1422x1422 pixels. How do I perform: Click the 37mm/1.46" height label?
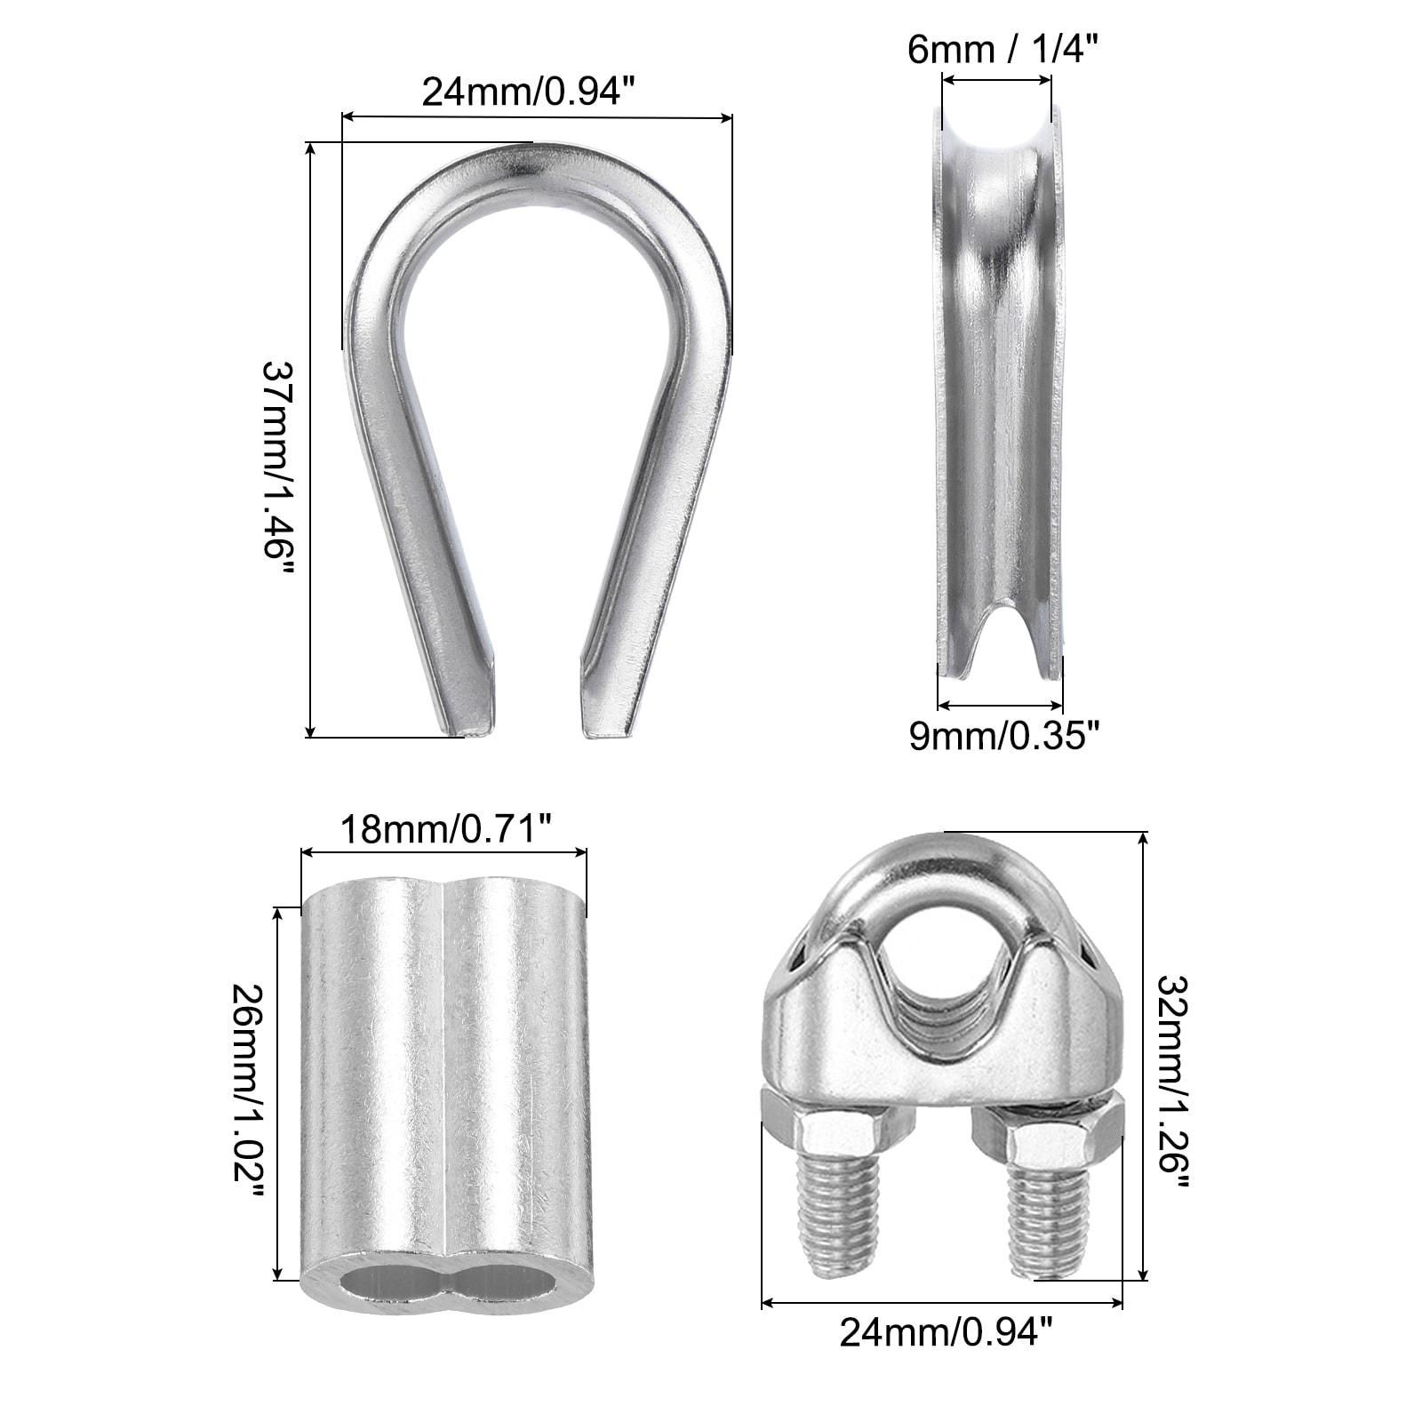276,467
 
